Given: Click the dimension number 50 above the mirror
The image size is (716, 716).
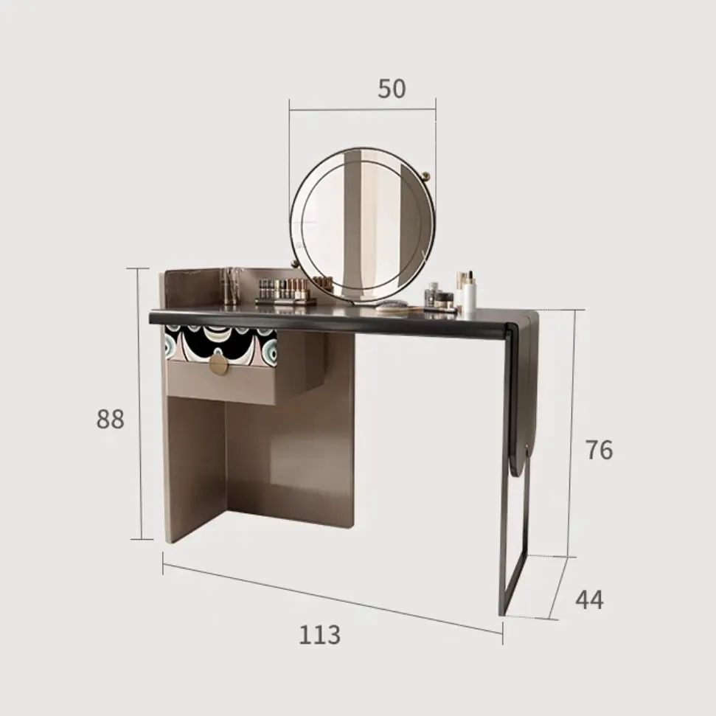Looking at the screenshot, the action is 392,88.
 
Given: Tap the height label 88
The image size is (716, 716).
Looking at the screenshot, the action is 110,419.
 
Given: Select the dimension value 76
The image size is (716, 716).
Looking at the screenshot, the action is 599,450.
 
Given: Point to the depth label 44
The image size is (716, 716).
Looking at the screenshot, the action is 589,599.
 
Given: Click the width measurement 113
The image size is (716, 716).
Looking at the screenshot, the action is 319,634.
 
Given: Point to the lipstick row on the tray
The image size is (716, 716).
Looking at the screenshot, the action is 283,289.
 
